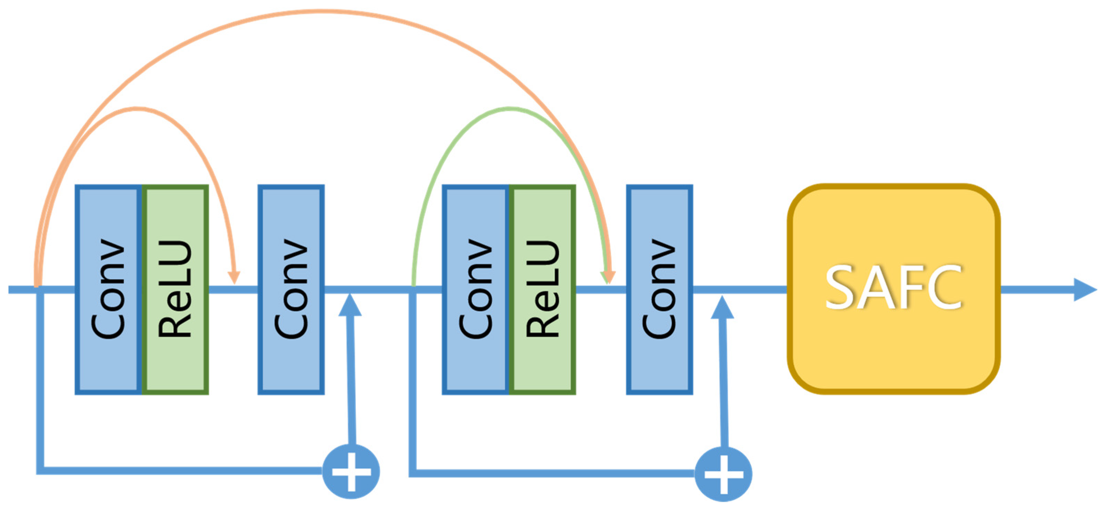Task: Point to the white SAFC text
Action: pos(894,287)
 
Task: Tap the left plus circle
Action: pos(351,472)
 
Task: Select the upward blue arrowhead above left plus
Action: pos(350,305)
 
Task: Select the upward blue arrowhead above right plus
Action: pos(722,307)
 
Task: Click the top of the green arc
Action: pos(509,109)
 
